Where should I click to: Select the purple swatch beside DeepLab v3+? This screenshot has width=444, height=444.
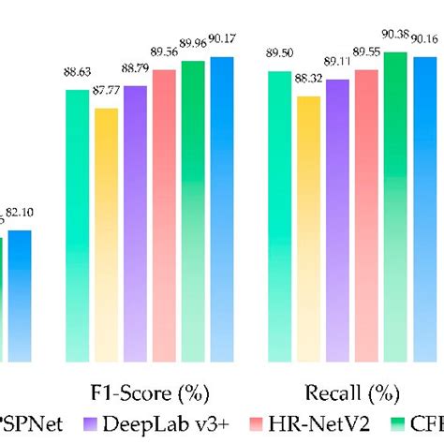tap(89, 426)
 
